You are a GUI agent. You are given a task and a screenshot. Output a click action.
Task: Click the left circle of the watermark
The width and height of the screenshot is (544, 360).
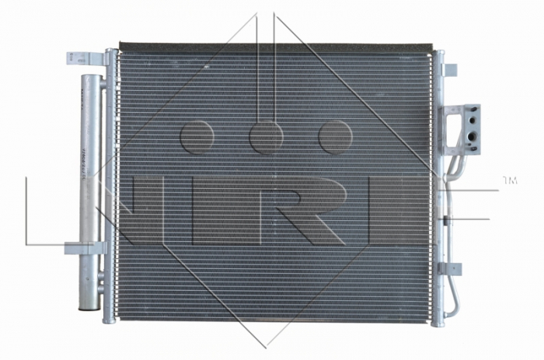coord(196,137)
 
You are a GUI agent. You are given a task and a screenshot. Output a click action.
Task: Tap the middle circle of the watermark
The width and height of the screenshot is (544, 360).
coord(267,137)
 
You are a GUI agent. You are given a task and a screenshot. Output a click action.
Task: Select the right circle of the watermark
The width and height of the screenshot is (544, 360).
coord(337,137)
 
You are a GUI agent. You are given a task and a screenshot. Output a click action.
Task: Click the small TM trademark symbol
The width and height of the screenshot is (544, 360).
coord(509,180)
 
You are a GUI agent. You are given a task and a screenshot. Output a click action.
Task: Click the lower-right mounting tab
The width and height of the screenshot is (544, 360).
coord(450,268)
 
